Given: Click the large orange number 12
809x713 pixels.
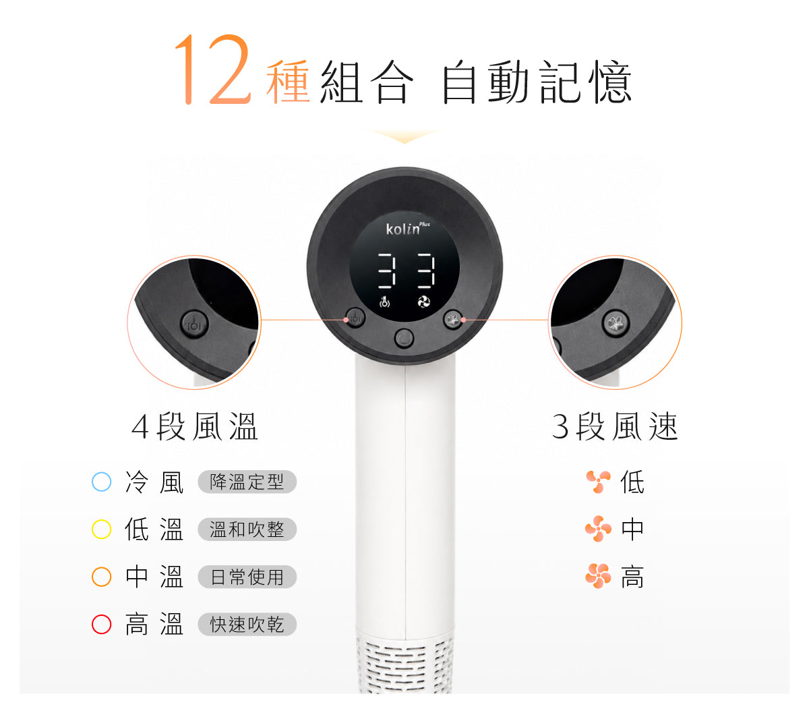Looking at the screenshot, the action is [x=213, y=69].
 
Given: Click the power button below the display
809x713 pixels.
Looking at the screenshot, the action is [x=404, y=339].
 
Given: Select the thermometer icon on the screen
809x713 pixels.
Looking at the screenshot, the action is [x=384, y=302].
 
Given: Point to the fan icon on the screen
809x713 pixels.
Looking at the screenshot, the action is [x=423, y=302].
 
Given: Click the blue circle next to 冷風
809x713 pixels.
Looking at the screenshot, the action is [x=101, y=482].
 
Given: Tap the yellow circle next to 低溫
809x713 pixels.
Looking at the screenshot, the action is [x=101, y=529].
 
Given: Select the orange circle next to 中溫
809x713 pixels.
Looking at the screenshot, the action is [x=101, y=577].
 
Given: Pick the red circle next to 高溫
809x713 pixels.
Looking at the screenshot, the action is [x=101, y=624].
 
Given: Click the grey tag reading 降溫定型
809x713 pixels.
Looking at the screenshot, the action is [x=247, y=482].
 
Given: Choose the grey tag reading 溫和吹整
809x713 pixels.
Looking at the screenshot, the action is [x=247, y=529].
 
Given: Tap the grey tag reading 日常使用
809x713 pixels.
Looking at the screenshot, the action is [x=247, y=577].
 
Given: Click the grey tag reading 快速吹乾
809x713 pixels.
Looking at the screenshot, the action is [x=247, y=624].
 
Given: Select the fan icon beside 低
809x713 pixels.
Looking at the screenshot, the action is [x=598, y=482].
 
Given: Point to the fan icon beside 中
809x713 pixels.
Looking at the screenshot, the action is [x=598, y=529].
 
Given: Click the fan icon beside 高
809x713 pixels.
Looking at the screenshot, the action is [x=598, y=576].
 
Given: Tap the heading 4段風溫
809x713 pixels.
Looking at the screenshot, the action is [x=194, y=427].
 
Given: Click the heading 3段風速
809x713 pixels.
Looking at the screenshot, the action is [x=615, y=427].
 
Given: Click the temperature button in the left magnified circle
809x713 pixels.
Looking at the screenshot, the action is [x=194, y=324].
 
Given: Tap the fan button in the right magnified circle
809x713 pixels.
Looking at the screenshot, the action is [x=616, y=323].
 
